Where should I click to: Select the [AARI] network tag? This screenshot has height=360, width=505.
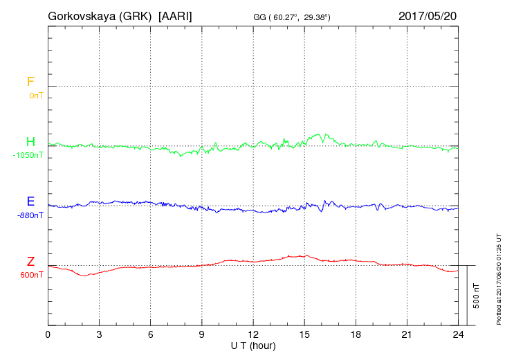click(x=176, y=15)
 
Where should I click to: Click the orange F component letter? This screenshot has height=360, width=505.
click(x=30, y=82)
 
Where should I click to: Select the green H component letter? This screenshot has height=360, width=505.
click(x=30, y=143)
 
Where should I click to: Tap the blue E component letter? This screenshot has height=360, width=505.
click(x=30, y=202)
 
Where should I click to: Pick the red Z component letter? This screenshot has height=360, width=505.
click(x=30, y=262)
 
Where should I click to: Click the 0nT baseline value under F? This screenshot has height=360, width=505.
click(x=35, y=95)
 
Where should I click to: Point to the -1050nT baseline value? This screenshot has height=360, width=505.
click(x=28, y=155)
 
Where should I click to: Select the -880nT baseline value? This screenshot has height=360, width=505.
click(x=30, y=215)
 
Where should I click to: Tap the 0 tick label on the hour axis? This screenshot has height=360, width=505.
click(x=48, y=334)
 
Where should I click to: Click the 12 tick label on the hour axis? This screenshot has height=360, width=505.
click(x=253, y=334)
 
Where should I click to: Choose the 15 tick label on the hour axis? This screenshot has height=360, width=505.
click(x=304, y=334)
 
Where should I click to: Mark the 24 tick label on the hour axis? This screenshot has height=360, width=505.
click(x=458, y=334)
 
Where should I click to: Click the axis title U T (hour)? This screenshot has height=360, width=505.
click(x=253, y=344)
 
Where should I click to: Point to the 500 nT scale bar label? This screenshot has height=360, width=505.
click(x=477, y=296)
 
